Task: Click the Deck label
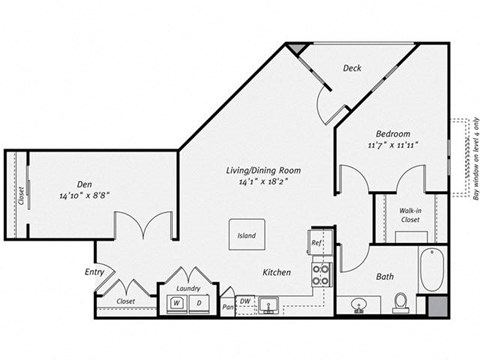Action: pyautogui.click(x=352, y=69)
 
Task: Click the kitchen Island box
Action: pyautogui.click(x=246, y=236)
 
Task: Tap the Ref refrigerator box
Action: pyautogui.click(x=316, y=243)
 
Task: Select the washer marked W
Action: pyautogui.click(x=176, y=303)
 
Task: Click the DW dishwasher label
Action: pyautogui.click(x=246, y=300)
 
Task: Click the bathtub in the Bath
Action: pyautogui.click(x=432, y=270)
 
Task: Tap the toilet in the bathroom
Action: pyautogui.click(x=400, y=299)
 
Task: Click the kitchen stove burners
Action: pyautogui.click(x=322, y=274)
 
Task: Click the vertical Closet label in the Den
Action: pyautogui.click(x=20, y=194)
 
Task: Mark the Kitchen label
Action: pyautogui.click(x=276, y=272)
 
